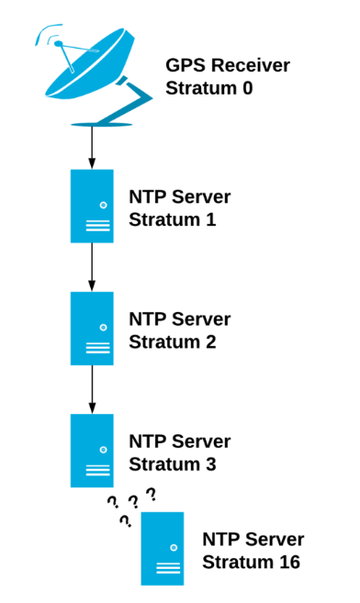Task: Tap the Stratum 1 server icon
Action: (x=92, y=206)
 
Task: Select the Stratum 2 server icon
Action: (x=92, y=329)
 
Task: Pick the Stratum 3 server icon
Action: (x=92, y=450)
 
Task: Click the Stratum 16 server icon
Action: (x=163, y=548)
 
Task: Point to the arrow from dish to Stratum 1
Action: (x=92, y=147)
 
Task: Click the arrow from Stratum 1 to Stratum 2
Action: (x=92, y=267)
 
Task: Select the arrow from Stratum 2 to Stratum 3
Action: (x=92, y=389)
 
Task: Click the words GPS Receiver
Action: (x=227, y=66)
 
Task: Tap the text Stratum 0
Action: (x=208, y=89)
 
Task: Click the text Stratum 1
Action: (x=172, y=220)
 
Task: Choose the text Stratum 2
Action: (x=172, y=342)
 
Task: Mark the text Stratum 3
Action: (x=172, y=464)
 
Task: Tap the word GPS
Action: (x=185, y=66)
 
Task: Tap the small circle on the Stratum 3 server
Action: (x=103, y=449)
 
